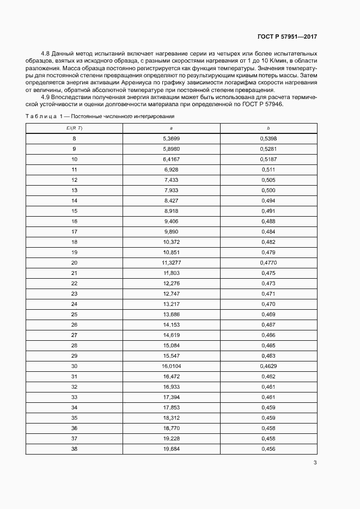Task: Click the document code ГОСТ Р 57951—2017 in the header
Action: [287, 36]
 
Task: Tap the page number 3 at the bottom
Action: [315, 463]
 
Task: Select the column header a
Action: [171, 128]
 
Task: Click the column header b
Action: [269, 128]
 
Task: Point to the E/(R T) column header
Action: [74, 128]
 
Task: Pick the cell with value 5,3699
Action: [171, 138]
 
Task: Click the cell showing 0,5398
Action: [269, 138]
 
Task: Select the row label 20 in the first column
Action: [74, 262]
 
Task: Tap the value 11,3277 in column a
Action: [171, 262]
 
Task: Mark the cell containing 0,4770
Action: [269, 262]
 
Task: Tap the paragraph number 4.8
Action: [45, 54]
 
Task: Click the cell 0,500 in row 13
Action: [269, 190]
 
